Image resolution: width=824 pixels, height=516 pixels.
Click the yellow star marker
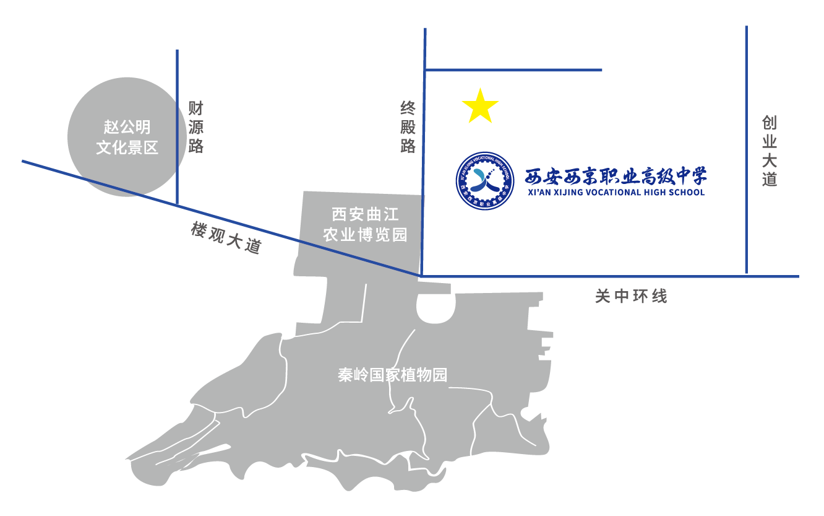(480, 107)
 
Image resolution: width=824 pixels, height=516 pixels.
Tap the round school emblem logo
(486, 181)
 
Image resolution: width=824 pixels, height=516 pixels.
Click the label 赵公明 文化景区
(127, 138)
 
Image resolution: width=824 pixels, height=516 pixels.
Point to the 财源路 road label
(196, 128)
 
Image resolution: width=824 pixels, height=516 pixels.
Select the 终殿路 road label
(408, 128)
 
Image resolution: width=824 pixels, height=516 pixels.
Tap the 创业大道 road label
(769, 151)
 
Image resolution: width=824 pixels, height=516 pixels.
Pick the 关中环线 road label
(631, 297)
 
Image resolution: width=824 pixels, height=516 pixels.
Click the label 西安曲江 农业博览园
(366, 225)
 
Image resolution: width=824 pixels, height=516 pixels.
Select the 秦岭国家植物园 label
(392, 375)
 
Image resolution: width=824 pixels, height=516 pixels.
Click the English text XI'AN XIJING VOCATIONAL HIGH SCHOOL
(616, 193)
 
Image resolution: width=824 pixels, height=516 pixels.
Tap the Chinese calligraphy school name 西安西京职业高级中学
(616, 177)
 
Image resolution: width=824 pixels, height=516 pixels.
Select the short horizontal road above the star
(513, 70)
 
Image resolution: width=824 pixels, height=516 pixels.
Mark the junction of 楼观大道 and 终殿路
(421, 274)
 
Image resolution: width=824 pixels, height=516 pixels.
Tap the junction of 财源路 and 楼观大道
(178, 204)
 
